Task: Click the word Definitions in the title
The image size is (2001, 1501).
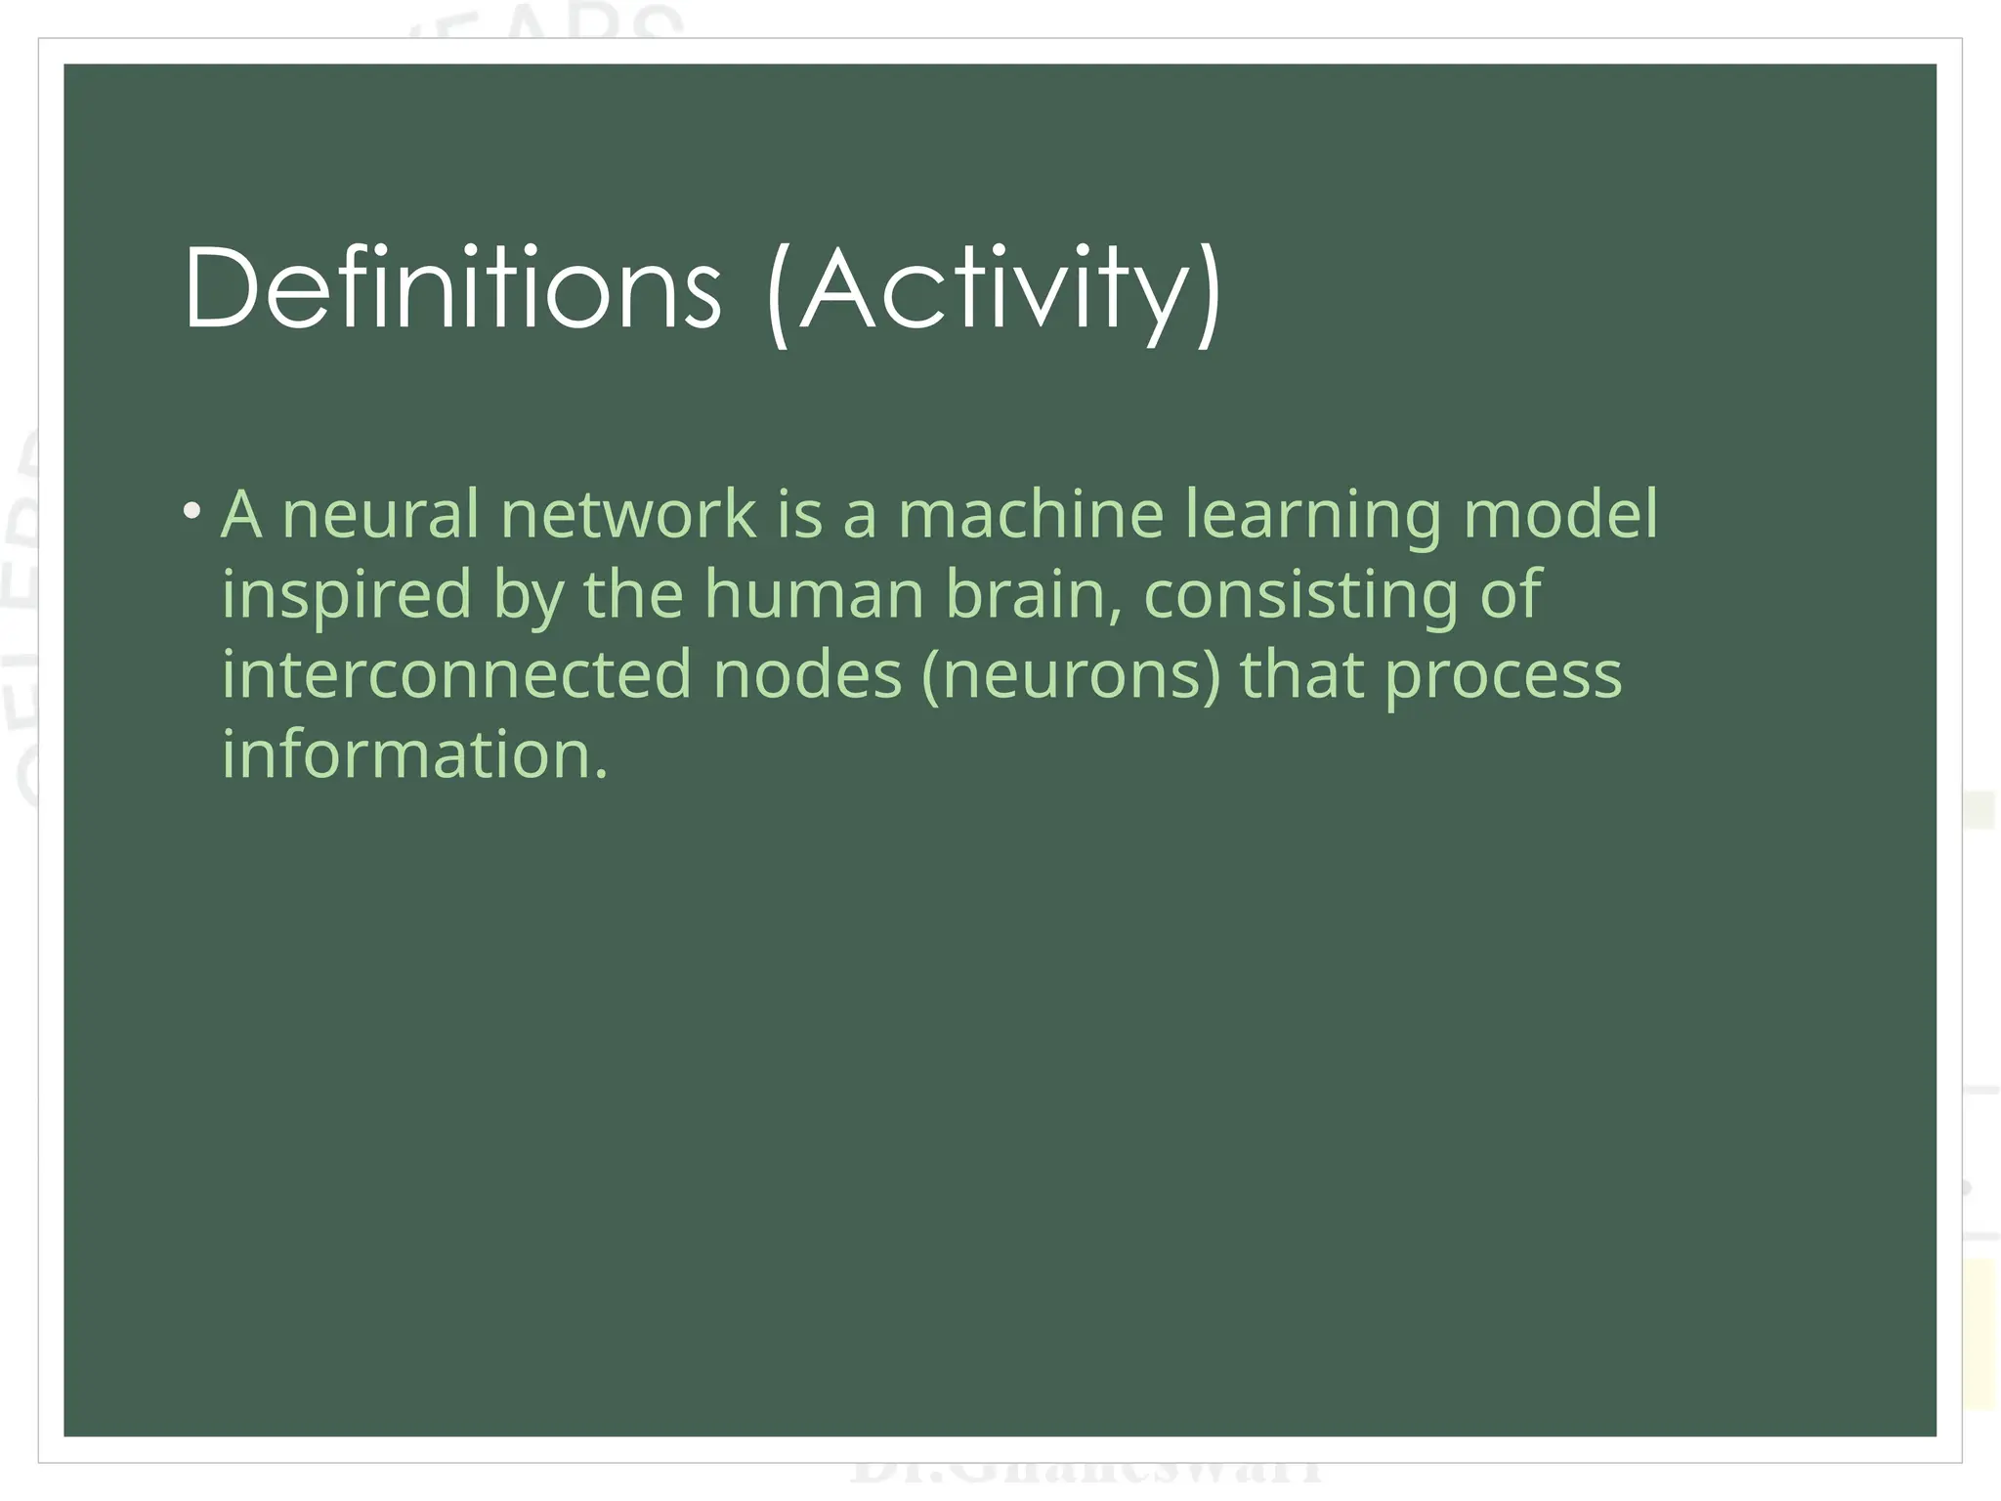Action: (x=451, y=289)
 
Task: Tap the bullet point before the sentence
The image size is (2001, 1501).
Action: (x=192, y=511)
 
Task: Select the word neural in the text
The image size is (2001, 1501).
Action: (x=380, y=514)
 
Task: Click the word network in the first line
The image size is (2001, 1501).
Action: (x=627, y=514)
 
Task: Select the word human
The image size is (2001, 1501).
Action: (x=814, y=594)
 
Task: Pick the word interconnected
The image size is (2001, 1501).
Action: (x=457, y=674)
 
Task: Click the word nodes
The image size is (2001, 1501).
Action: (x=807, y=674)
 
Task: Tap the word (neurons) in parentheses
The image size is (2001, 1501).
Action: (x=1071, y=676)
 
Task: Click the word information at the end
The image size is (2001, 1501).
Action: (x=414, y=754)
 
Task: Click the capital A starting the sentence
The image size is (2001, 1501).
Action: (x=241, y=514)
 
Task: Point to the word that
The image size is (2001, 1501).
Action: (x=1301, y=674)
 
